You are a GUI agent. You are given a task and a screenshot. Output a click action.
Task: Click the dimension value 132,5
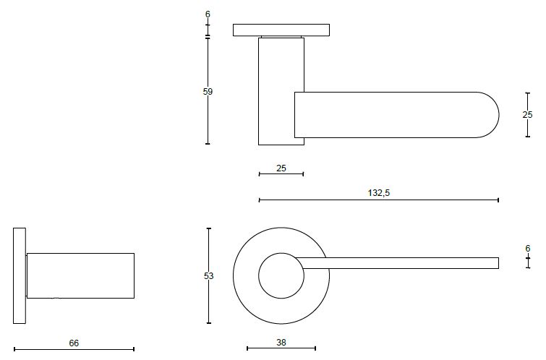click(x=378, y=193)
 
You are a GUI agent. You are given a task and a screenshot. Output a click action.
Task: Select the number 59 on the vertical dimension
click(x=208, y=91)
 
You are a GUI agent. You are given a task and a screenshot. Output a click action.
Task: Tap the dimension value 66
click(x=73, y=343)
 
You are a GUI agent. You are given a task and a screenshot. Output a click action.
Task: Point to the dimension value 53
click(x=208, y=275)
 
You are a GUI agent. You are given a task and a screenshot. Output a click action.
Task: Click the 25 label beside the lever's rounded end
click(x=527, y=114)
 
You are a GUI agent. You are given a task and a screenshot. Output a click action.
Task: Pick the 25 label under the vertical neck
click(x=281, y=168)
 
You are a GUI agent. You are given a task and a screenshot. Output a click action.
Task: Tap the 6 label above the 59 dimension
click(x=208, y=14)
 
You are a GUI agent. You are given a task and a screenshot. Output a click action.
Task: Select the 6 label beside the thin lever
click(x=527, y=248)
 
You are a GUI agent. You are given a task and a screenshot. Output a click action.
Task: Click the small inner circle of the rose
click(x=281, y=276)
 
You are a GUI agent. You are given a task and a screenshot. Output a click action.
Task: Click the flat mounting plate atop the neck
click(x=281, y=30)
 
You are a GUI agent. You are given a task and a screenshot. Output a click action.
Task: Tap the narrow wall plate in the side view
click(x=20, y=276)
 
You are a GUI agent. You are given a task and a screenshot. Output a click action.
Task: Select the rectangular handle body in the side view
click(x=80, y=275)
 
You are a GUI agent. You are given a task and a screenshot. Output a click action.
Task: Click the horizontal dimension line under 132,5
click(x=378, y=200)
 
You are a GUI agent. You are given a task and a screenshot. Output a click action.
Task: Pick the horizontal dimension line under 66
click(x=74, y=349)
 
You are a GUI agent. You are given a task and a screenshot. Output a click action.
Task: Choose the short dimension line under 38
click(x=281, y=348)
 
